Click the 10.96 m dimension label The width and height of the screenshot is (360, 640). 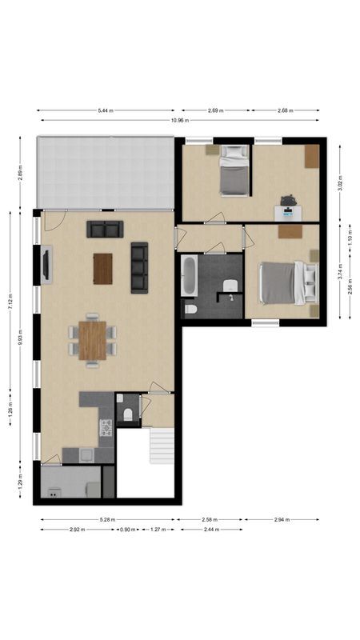tap(178, 120)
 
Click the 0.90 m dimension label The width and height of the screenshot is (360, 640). tap(127, 530)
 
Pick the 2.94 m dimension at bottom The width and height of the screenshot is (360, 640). tap(281, 520)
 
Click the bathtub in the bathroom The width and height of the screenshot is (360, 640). tap(190, 274)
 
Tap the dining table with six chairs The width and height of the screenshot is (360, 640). tap(92, 339)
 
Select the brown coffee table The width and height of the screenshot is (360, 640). tap(102, 268)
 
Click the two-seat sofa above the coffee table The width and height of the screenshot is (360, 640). tap(105, 230)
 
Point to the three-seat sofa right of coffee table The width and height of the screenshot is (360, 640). tap(140, 266)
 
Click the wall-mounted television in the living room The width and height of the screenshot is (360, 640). tap(46, 265)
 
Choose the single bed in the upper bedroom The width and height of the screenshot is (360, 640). tap(234, 170)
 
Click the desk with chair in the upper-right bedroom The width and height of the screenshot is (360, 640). tap(288, 208)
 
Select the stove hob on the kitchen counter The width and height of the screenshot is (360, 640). tap(106, 428)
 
